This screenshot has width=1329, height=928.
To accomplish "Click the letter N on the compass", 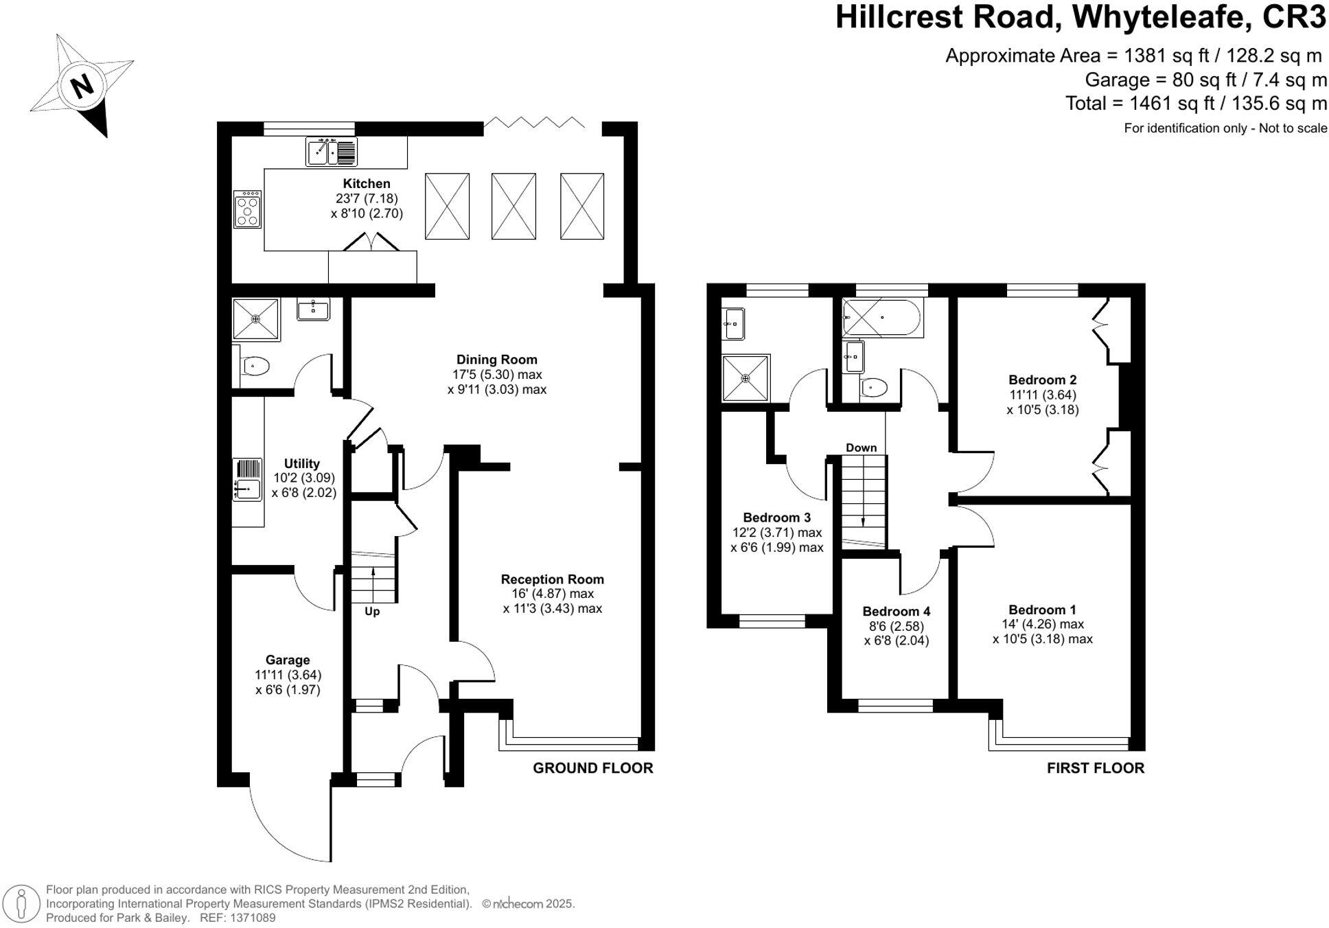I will [x=82, y=86].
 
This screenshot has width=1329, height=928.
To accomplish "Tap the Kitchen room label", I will [x=367, y=183].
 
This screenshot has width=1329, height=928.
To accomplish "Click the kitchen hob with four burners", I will [x=247, y=209].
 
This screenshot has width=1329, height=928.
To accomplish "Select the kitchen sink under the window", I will [x=332, y=152].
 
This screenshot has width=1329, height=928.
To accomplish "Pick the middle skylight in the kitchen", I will [x=513, y=206].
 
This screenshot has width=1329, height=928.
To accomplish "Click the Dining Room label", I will [x=496, y=359].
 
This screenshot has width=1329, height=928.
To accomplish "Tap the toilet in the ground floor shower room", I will [x=255, y=366].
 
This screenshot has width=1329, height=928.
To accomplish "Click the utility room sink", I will [x=248, y=489].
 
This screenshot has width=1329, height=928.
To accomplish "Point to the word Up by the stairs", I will [x=371, y=611].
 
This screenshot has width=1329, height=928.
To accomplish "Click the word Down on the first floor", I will [x=861, y=448].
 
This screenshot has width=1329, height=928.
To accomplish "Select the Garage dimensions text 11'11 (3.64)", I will [x=288, y=675].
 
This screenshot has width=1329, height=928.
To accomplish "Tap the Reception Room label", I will [x=552, y=579].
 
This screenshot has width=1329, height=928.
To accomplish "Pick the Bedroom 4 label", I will [x=896, y=611].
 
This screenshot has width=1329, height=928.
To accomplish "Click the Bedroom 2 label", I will [x=1042, y=380].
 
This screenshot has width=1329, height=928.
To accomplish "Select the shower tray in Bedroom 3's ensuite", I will [x=746, y=378].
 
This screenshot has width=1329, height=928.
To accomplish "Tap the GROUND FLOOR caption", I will [x=592, y=768].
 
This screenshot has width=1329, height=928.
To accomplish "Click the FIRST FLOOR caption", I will [x=1095, y=768].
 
